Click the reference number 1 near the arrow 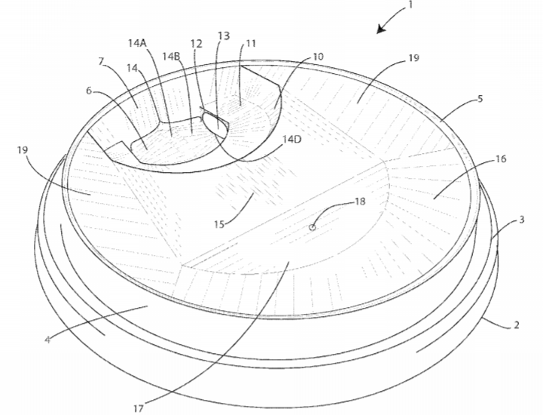(x=411, y=5)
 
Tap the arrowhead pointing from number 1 (x=381, y=29)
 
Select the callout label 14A (x=138, y=43)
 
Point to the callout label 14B (x=172, y=56)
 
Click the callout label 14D (x=291, y=140)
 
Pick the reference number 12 (x=196, y=44)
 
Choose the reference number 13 (x=224, y=35)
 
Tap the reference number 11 (x=251, y=43)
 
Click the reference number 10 (x=318, y=56)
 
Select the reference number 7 (x=102, y=61)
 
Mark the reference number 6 (x=90, y=91)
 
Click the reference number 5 (x=480, y=99)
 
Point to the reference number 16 (x=501, y=159)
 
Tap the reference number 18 (x=360, y=201)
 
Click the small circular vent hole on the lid (x=313, y=227)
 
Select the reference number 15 (x=219, y=224)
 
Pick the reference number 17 (x=139, y=409)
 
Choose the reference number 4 (x=47, y=340)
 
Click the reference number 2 (x=517, y=324)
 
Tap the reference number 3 (x=522, y=220)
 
